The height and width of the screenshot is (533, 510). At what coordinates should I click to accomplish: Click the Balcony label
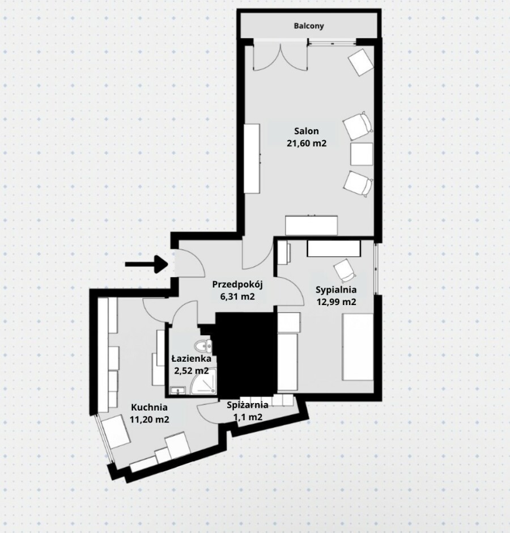coord(308,26)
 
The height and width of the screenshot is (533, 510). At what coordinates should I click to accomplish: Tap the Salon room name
coord(307,131)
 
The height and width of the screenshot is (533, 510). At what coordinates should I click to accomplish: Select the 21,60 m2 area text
coord(307,143)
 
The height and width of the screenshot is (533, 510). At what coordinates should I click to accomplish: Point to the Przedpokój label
coord(237,285)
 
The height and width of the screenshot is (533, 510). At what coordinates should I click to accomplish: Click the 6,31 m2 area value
coord(237,297)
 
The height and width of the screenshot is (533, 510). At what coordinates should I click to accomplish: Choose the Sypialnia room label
coord(336,290)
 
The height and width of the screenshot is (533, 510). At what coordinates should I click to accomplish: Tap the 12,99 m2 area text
coord(337,302)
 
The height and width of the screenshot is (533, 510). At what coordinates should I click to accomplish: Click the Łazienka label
coord(192,358)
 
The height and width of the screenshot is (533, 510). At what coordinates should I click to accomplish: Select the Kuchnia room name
coord(149,407)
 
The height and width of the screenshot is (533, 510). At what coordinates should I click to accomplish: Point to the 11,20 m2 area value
coord(150,419)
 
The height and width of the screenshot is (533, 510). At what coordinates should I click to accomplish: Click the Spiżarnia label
coord(248,405)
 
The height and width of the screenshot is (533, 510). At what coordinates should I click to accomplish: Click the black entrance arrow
coord(147,264)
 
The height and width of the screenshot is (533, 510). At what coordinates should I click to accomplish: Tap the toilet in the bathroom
coord(203,346)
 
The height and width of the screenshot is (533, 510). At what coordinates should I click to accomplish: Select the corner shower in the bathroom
coord(203,383)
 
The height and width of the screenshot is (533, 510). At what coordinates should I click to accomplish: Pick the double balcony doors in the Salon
coord(280,56)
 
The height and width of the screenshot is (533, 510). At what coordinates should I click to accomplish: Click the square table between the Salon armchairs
coord(362,154)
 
